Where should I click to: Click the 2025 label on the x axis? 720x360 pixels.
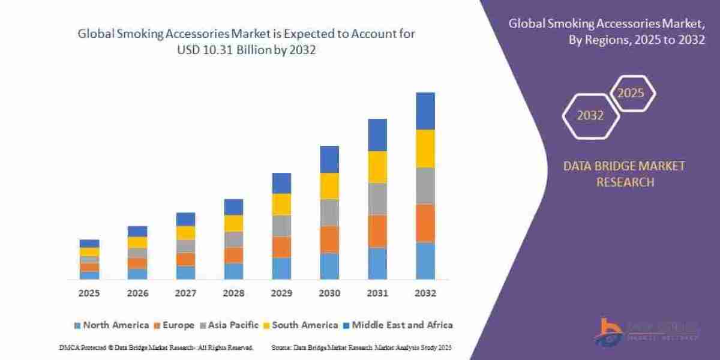(x=89, y=294)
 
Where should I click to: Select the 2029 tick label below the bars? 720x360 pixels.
(x=281, y=294)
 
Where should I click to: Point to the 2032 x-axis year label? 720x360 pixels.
(x=425, y=294)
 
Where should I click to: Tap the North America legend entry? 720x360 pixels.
(x=111, y=325)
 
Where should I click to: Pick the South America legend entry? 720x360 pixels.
(x=300, y=325)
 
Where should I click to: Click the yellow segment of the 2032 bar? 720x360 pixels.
(x=425, y=148)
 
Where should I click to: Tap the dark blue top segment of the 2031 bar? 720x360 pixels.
(x=377, y=135)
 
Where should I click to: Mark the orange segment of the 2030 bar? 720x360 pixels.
(x=329, y=239)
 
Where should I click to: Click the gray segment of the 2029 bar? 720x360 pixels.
(x=281, y=226)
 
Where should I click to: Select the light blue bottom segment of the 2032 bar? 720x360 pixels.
(x=425, y=261)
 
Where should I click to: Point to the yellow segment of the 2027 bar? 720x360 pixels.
(x=185, y=233)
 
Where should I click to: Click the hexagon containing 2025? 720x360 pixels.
(x=631, y=94)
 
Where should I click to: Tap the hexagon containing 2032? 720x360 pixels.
(x=590, y=116)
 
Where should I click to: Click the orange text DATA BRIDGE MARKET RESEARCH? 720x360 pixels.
(x=625, y=174)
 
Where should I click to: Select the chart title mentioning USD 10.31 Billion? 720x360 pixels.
(x=247, y=42)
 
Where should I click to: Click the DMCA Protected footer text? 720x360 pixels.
(x=156, y=347)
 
